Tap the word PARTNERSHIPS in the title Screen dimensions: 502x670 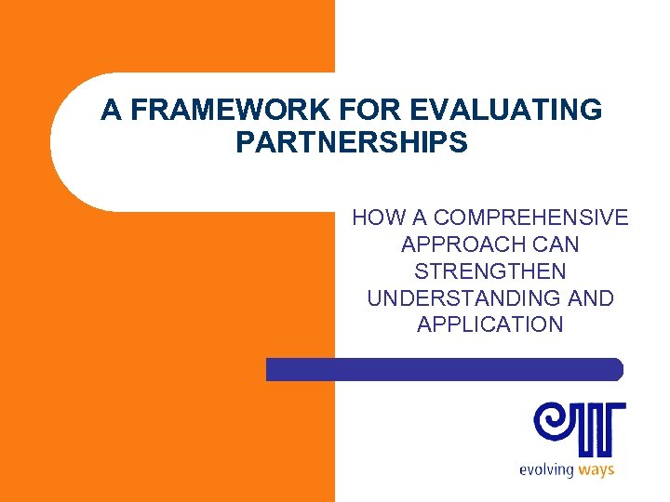click(352, 143)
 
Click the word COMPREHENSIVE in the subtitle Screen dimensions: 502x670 click(531, 218)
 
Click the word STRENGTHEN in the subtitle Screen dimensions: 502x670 click(490, 271)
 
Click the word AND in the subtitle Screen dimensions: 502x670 click(592, 298)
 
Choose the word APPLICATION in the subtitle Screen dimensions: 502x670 click(490, 324)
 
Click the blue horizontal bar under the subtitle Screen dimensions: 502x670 click(444, 369)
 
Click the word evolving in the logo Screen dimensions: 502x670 click(546, 469)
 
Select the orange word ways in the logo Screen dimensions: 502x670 click(596, 469)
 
